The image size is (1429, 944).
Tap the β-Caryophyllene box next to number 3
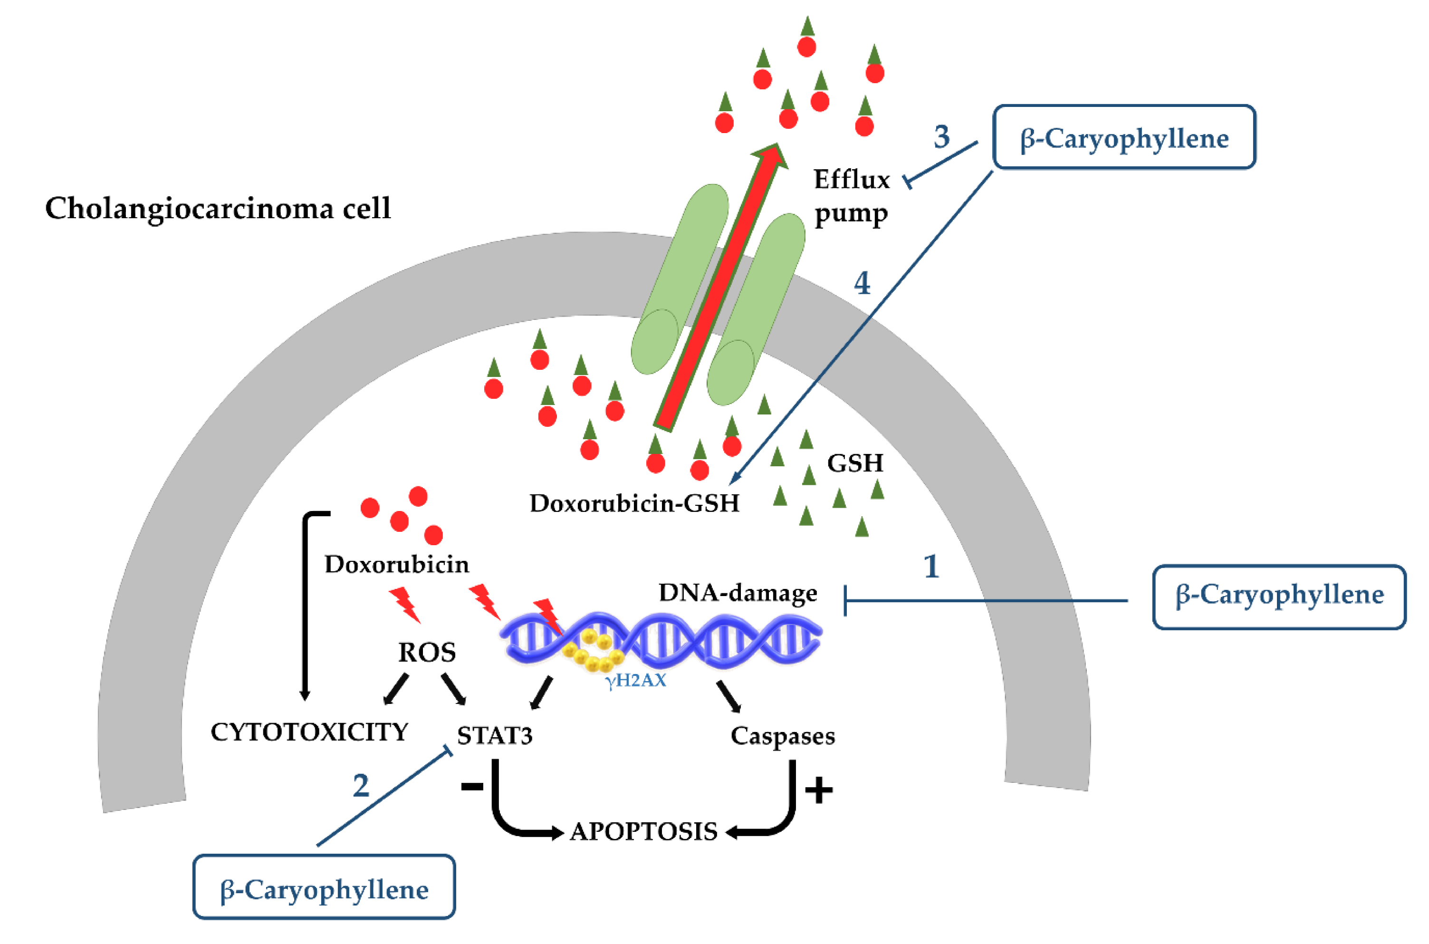click(x=1124, y=137)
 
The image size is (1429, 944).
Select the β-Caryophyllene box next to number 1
click(x=1279, y=597)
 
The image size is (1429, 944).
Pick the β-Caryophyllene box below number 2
click(x=324, y=887)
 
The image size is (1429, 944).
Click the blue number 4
click(x=862, y=283)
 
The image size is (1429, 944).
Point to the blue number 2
click(x=361, y=785)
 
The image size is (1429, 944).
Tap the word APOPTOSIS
click(x=643, y=832)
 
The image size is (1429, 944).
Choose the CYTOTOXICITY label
click(x=309, y=732)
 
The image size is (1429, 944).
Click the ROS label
click(x=427, y=653)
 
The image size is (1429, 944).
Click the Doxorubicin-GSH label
click(x=634, y=503)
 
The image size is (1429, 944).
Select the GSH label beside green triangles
click(x=855, y=463)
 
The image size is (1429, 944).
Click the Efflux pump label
click(x=851, y=197)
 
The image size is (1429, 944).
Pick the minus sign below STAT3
click(x=472, y=786)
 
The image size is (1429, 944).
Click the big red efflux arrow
click(x=721, y=287)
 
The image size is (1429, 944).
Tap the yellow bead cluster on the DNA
click(x=592, y=653)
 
